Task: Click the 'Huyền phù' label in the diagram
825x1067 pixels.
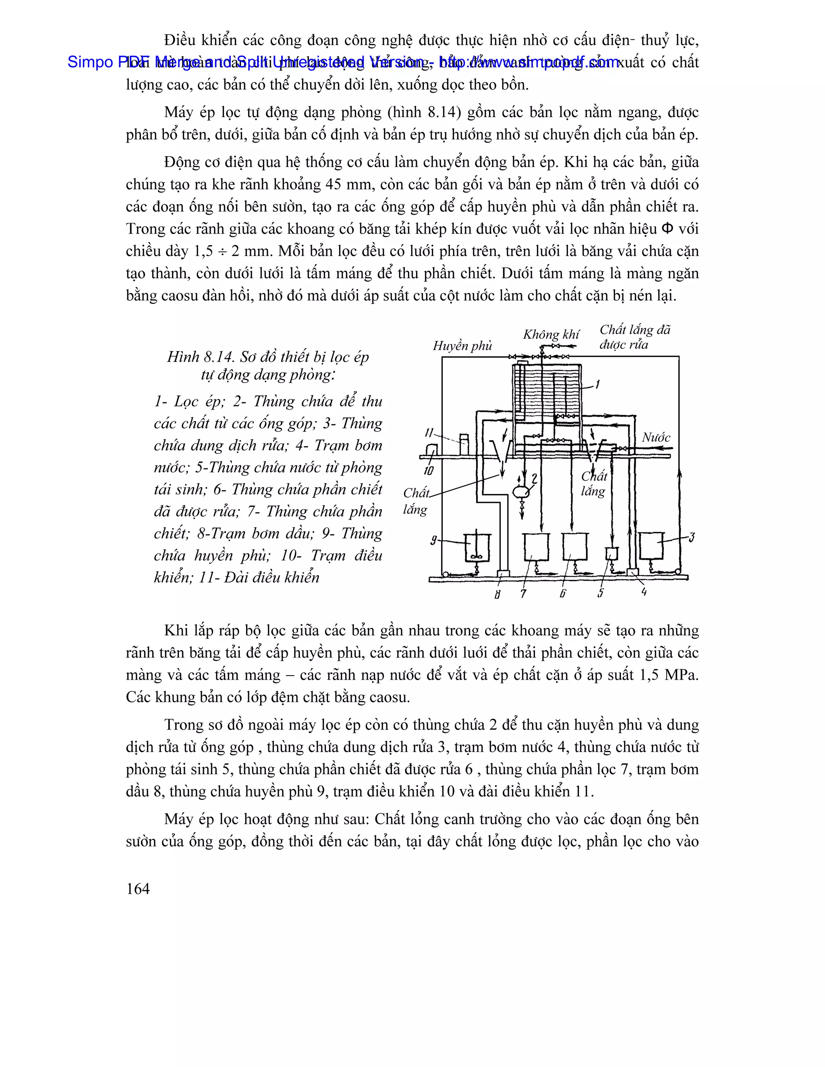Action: pos(462,346)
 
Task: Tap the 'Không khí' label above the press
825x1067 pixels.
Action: pos(551,335)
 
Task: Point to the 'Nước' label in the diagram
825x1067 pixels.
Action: pos(656,438)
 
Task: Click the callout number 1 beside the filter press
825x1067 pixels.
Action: pos(597,385)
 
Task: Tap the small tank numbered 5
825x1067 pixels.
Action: pos(611,554)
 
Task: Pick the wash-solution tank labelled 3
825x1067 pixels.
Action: pos(651,545)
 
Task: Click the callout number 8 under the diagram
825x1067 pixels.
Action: pos(497,594)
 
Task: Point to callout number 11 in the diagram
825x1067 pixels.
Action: pos(429,433)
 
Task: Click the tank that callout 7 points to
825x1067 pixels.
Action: pos(536,547)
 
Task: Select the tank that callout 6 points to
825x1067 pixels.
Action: pos(574,547)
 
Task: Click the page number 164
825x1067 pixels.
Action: pos(138,889)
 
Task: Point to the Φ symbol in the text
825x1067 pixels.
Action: pos(666,229)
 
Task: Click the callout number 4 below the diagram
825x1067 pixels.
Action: pos(644,591)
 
